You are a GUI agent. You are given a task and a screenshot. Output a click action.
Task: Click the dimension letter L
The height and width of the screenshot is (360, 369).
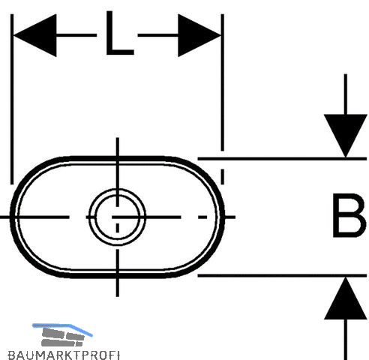coord(120,33)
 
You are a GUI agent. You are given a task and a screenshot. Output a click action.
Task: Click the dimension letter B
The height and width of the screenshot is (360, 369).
coord(349,215)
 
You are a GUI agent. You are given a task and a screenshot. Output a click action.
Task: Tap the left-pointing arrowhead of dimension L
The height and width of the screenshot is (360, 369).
coord(35,35)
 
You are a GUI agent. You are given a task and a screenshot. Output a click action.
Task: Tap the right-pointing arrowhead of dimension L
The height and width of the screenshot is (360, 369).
coord(199,35)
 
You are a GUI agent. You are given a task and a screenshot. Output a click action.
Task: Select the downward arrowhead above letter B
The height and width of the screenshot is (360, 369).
coord(345,136)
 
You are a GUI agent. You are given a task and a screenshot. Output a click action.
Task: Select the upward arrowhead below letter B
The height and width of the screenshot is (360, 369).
coord(345,298)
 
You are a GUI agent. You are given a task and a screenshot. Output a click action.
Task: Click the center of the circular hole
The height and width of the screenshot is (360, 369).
coord(117,217)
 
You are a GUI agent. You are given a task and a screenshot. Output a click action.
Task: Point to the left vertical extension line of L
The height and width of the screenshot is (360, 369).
coord(12,99)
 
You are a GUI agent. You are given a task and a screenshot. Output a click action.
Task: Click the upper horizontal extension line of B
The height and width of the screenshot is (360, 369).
coord(282,159)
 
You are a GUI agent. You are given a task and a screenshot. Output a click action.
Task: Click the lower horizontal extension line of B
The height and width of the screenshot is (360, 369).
coord(282,275)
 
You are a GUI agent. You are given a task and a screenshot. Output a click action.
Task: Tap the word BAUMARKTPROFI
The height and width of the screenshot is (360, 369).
coord(64,355)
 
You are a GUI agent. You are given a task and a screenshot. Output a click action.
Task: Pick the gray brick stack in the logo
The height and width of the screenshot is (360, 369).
coord(62,337)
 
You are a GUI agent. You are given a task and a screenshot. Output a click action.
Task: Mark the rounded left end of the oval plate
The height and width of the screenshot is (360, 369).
coord(12,217)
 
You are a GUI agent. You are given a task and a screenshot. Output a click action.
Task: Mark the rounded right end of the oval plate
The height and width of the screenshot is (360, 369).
coord(223,217)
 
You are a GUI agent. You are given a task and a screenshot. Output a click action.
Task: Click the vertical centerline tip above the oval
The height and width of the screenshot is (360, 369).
coord(118,138)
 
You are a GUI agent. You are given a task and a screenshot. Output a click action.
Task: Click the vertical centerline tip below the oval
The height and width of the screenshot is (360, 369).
coord(118,296)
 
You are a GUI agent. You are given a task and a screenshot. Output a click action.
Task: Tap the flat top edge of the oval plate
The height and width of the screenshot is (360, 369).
coord(118,158)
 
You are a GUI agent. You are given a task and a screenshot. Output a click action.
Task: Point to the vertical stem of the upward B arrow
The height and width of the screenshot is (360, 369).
coord(346,340)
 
